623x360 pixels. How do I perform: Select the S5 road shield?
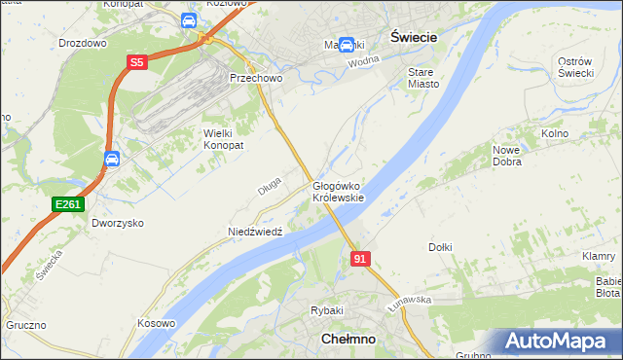point(137,63)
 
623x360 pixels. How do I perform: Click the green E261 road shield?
point(68,203)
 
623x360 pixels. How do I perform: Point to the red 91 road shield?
point(360,259)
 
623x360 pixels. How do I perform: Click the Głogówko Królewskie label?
point(338,192)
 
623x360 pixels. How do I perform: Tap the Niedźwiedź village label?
point(254,233)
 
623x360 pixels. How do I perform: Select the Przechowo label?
point(254,78)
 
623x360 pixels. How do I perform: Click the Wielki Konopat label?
point(222,138)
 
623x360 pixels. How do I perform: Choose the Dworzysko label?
point(117,223)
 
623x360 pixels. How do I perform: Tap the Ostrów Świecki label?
point(576,68)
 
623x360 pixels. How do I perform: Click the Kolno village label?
point(554,132)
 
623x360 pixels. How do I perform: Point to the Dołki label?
point(440,247)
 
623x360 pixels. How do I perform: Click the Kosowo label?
point(156,323)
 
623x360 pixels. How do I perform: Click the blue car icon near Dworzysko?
point(112,160)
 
